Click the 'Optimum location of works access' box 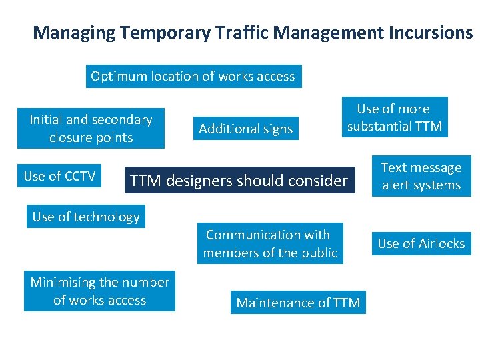coord(193,76)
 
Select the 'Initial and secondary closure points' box coord(91,129)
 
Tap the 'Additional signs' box coord(245,129)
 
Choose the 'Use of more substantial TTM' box coord(394,117)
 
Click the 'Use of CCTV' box coord(59,176)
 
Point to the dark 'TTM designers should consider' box coord(239,181)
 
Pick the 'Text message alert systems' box coord(421,177)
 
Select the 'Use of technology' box coord(86,217)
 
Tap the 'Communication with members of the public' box coord(270,244)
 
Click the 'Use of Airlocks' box coord(421,243)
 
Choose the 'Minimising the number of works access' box coord(99,291)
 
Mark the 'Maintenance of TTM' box coord(298,303)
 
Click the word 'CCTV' coord(78,176)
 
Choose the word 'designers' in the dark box coord(198,181)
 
